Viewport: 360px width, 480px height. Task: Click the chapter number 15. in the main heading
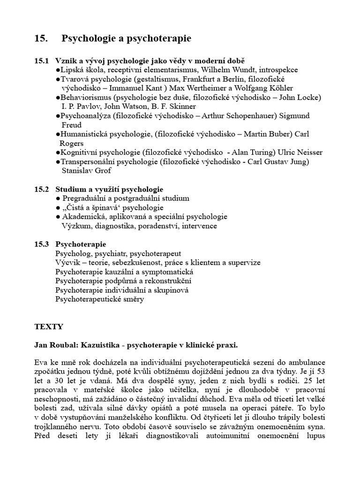(41, 39)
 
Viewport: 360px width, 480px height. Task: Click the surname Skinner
(180, 106)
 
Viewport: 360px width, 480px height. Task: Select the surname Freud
(71, 125)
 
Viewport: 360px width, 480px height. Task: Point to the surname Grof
(103, 171)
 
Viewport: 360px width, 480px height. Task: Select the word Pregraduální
(86, 198)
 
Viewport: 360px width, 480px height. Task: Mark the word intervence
(197, 226)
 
